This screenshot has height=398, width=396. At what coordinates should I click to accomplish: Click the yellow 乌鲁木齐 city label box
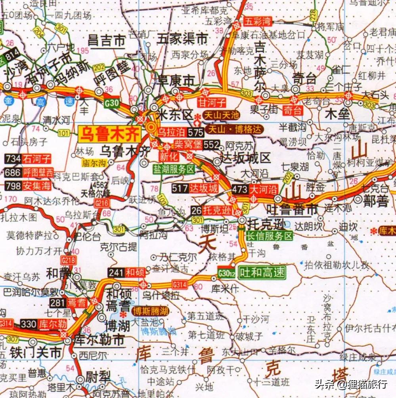[x=110, y=134]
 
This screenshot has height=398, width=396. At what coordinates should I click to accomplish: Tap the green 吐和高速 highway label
[x=262, y=272]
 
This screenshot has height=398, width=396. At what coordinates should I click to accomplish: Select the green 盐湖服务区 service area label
[x=175, y=169]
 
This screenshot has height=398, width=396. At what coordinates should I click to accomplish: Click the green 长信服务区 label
[x=269, y=237]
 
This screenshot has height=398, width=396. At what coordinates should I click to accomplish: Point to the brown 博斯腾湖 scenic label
[x=150, y=311]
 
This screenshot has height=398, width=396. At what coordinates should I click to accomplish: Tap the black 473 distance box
[x=240, y=189]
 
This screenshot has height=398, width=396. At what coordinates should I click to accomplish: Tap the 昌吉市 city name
[x=107, y=40]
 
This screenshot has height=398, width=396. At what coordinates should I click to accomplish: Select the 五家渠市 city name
[x=182, y=39]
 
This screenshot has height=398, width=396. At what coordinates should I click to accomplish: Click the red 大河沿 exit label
[x=264, y=189]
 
